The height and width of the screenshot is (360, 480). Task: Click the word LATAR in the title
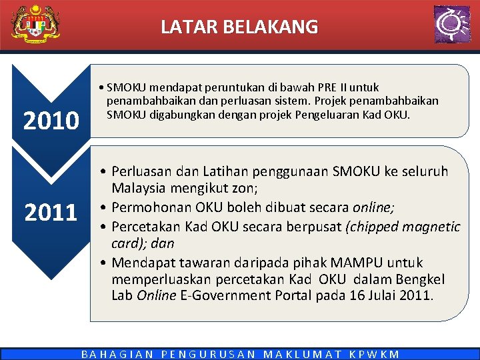pyautogui.click(x=183, y=27)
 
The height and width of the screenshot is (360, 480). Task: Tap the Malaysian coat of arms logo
pyautogui.click(x=35, y=25)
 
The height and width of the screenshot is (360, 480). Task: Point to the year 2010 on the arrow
pyautogui.click(x=51, y=121)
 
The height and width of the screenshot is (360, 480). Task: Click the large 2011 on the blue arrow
pyautogui.click(x=51, y=213)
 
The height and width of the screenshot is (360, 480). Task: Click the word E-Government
pyautogui.click(x=233, y=295)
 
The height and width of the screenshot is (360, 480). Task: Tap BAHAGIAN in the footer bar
pyautogui.click(x=117, y=354)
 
